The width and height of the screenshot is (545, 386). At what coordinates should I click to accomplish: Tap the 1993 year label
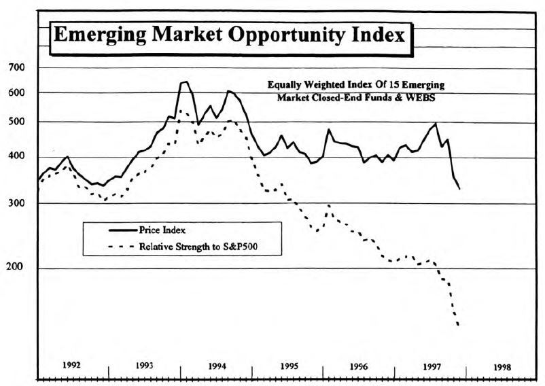pos(144,366)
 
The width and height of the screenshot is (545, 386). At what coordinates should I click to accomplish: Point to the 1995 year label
pos(289,366)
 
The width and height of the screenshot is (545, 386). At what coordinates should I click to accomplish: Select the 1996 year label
pos(359,366)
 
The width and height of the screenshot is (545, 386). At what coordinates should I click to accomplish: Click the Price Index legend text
pos(162,230)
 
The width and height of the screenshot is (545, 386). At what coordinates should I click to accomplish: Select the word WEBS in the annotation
pos(420,98)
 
